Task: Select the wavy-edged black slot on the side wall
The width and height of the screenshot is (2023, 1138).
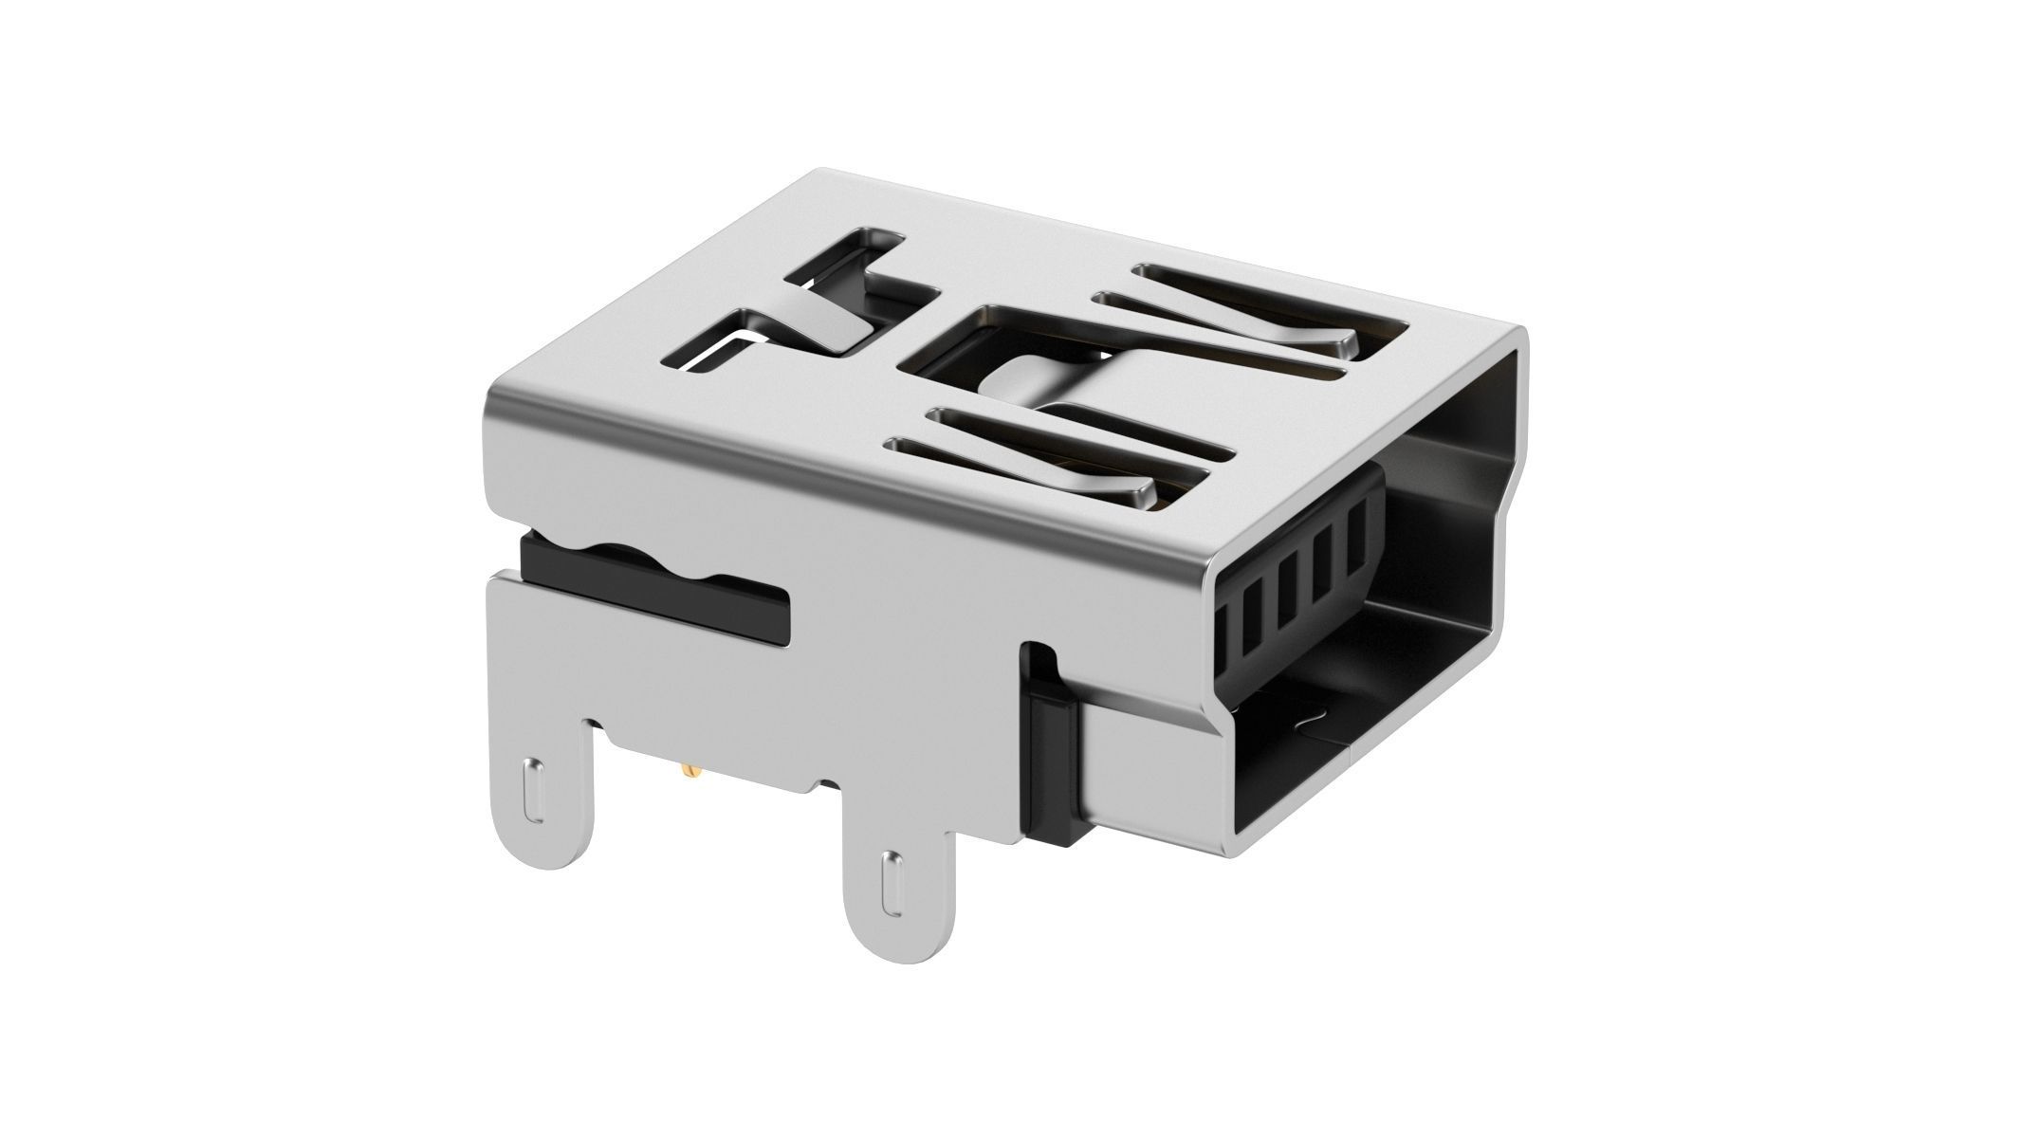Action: pos(654,585)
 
